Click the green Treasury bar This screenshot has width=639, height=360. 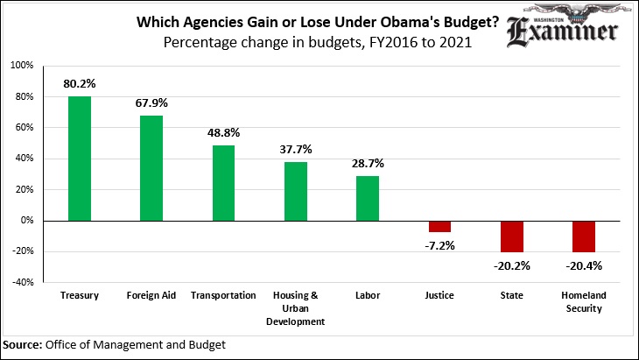pyautogui.click(x=80, y=159)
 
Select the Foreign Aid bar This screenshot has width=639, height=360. pyautogui.click(x=151, y=168)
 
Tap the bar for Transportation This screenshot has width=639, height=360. pyautogui.click(x=223, y=183)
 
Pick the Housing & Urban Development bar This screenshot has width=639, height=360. pyautogui.click(x=296, y=192)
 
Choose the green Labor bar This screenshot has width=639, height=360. pyautogui.click(x=368, y=199)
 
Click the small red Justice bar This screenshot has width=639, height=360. pyautogui.click(x=439, y=226)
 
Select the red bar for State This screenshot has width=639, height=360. pyautogui.click(x=511, y=236)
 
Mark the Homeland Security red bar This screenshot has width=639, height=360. pyautogui.click(x=584, y=236)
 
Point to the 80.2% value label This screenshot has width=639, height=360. pyautogui.click(x=80, y=84)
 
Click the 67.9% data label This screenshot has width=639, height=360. pyautogui.click(x=151, y=103)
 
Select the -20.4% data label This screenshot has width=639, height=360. pyautogui.click(x=584, y=265)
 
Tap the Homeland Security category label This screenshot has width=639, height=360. pyautogui.click(x=584, y=301)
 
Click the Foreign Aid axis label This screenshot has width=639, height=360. pyautogui.click(x=151, y=295)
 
